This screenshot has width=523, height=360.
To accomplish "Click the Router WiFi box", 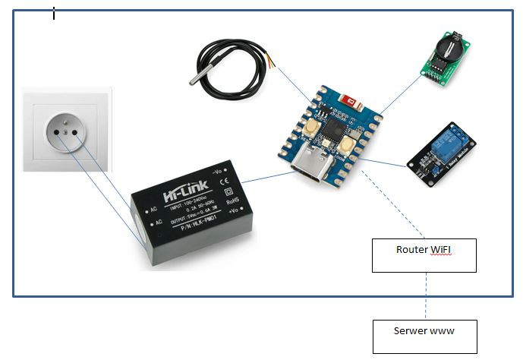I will coord(424,255).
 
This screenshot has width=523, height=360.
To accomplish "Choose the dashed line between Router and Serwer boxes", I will coord(425,296).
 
